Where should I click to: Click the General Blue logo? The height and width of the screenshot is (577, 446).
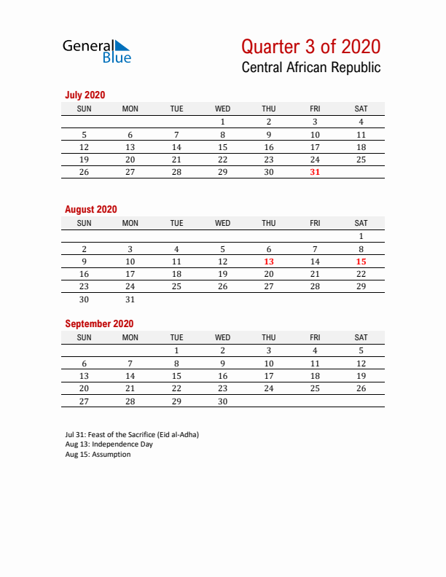97,50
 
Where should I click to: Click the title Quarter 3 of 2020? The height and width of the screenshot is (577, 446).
310,47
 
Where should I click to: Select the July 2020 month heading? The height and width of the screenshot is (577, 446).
85,95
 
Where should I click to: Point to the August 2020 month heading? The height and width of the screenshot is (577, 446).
90,209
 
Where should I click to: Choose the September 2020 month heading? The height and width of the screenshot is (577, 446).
99,323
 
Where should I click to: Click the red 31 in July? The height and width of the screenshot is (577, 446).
315,172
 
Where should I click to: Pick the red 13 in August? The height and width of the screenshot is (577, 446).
269,262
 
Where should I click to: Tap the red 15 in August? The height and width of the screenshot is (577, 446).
361,262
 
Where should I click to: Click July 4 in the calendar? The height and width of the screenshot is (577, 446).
361,122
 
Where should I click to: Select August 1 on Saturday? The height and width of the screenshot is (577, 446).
361,236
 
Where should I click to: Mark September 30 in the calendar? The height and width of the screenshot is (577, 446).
223,401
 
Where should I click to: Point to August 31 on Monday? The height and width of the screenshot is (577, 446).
130,299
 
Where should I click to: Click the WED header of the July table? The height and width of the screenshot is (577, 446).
223,109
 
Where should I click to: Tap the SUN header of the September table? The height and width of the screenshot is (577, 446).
85,337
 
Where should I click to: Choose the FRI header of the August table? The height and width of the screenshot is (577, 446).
315,223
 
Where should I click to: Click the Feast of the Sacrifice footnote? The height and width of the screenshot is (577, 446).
132,434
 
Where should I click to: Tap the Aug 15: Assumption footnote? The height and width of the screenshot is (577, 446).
98,455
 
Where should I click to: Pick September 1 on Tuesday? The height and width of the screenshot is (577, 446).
176,350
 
